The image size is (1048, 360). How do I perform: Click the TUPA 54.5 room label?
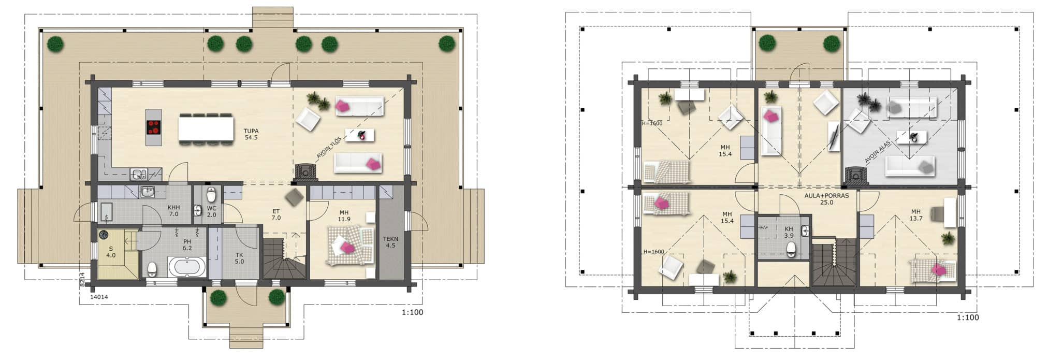(251, 134)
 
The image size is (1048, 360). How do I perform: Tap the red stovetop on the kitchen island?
(154, 127)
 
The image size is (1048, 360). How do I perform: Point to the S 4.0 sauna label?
(111, 252)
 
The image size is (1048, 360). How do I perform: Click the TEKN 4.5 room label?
(390, 242)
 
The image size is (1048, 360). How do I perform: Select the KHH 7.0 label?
(173, 210)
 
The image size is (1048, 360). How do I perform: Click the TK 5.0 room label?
(239, 258)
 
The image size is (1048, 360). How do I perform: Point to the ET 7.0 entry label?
(276, 214)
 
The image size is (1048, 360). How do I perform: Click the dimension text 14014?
(99, 297)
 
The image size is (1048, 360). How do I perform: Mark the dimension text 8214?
(82, 280)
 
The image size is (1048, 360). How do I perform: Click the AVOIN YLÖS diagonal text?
(329, 146)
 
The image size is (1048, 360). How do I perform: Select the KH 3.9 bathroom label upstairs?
(789, 232)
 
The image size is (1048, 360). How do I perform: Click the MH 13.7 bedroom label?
(916, 215)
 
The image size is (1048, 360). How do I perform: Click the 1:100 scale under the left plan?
(412, 312)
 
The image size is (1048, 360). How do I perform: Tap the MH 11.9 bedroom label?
(344, 215)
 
